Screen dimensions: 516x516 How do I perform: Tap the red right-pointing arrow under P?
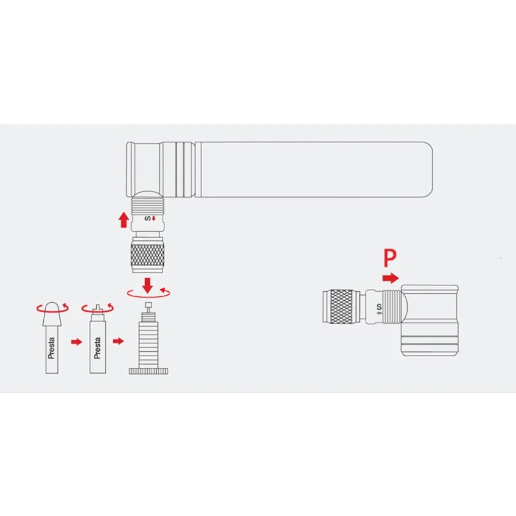pyautogui.click(x=391, y=278)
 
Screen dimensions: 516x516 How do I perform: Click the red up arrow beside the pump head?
pyautogui.click(x=123, y=220)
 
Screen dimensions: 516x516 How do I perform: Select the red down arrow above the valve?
pyautogui.click(x=148, y=285)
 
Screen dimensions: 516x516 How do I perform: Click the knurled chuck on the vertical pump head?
pyautogui.click(x=148, y=254)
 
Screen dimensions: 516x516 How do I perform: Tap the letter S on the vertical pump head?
pyautogui.click(x=148, y=219)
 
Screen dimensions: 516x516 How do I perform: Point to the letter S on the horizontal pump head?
pyautogui.click(x=379, y=306)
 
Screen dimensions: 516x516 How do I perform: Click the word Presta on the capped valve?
pyautogui.click(x=51, y=348)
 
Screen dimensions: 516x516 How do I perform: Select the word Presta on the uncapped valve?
pyautogui.click(x=97, y=348)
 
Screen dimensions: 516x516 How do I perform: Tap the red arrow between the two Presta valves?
pyautogui.click(x=77, y=342)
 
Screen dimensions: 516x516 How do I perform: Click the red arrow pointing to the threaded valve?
pyautogui.click(x=118, y=341)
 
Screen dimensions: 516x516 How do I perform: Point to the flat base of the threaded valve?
pyautogui.click(x=149, y=371)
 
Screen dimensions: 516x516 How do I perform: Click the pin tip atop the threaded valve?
pyautogui.click(x=149, y=304)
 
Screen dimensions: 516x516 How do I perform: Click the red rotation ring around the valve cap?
pyautogui.click(x=52, y=308)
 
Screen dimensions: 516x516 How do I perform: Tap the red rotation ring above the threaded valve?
pyautogui.click(x=149, y=293)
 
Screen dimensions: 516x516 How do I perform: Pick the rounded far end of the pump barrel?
pyautogui.click(x=427, y=170)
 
